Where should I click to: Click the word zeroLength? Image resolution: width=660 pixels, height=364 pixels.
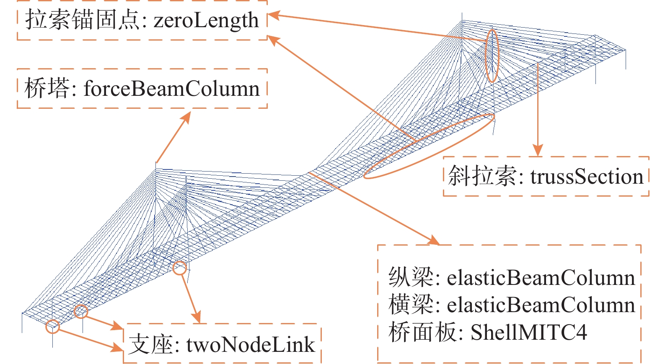(206, 20)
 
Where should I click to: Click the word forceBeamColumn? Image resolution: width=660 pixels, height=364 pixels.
(171, 89)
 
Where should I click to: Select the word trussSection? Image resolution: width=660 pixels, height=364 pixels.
(587, 177)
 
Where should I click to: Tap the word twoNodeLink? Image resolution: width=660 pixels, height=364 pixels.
(250, 345)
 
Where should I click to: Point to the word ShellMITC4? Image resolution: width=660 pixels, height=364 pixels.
(528, 333)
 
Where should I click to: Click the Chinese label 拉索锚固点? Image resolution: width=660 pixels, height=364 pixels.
(82, 20)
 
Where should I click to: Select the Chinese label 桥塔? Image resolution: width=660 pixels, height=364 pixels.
(47, 89)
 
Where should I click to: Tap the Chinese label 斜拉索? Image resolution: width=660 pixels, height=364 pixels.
(482, 176)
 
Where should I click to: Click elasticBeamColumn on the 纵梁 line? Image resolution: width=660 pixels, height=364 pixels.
(541, 278)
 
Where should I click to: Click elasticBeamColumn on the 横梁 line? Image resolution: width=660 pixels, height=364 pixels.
(541, 305)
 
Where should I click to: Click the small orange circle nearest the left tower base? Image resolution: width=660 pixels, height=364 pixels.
(180, 268)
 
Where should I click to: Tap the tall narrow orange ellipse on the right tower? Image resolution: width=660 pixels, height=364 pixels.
(492, 55)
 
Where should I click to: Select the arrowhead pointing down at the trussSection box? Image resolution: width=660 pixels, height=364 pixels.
(538, 151)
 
